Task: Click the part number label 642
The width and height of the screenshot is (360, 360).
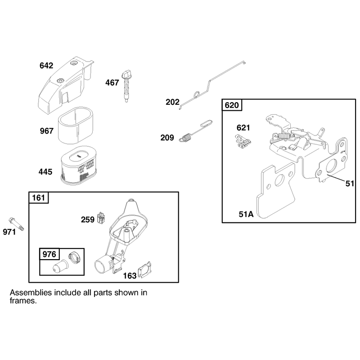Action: pyautogui.click(x=46, y=66)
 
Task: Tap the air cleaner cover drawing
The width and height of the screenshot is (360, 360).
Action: pyautogui.click(x=66, y=85)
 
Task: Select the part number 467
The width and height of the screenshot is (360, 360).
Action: pyautogui.click(x=112, y=83)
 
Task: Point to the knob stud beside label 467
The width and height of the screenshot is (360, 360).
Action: pyautogui.click(x=126, y=86)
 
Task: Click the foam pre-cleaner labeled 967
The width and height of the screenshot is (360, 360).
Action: pyautogui.click(x=76, y=126)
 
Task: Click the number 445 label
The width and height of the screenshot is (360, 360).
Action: pyautogui.click(x=45, y=172)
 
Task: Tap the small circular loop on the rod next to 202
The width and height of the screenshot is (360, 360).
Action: pyautogui.click(x=197, y=94)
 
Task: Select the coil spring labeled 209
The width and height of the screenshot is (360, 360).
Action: pyautogui.click(x=185, y=138)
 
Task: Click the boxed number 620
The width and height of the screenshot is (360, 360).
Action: pyautogui.click(x=232, y=105)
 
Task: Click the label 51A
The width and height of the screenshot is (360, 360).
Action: pyautogui.click(x=246, y=214)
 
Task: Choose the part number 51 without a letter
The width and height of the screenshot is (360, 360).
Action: pyautogui.click(x=350, y=184)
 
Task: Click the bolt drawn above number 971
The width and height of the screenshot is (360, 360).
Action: pyautogui.click(x=17, y=224)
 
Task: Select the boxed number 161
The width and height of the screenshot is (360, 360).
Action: pyautogui.click(x=39, y=198)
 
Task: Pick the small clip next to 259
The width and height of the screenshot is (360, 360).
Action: pyautogui.click(x=102, y=217)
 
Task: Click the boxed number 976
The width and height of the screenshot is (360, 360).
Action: pyautogui.click(x=49, y=254)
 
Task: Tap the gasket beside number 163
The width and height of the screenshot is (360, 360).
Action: pyautogui.click(x=144, y=270)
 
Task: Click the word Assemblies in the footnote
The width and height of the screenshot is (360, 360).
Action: pyautogui.click(x=31, y=293)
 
